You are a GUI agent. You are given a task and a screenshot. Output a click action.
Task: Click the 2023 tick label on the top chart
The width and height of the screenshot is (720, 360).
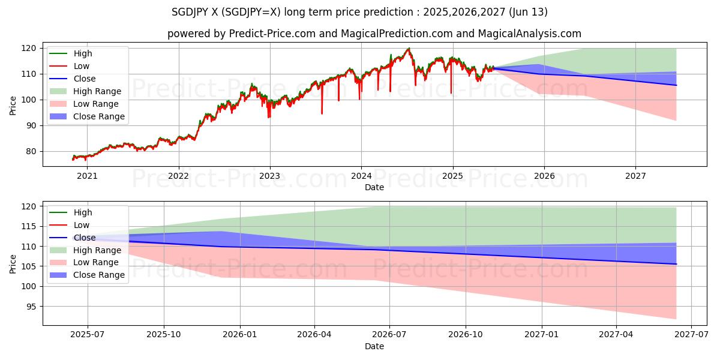click(270, 176)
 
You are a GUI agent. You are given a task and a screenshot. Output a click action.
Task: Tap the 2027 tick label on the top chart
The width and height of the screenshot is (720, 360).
click(635, 176)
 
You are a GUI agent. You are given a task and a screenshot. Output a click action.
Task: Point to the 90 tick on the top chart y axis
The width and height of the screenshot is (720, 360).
click(31, 125)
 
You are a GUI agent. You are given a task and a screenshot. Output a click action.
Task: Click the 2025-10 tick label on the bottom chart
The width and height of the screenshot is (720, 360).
click(164, 335)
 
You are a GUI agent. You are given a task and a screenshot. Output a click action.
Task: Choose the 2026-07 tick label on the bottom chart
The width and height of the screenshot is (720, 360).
click(389, 335)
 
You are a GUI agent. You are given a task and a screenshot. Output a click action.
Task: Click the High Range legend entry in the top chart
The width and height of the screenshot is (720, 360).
click(97, 91)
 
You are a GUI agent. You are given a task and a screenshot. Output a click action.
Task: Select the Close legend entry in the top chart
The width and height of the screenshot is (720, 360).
click(85, 79)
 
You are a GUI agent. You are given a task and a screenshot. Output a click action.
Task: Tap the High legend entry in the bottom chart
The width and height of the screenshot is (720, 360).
click(83, 212)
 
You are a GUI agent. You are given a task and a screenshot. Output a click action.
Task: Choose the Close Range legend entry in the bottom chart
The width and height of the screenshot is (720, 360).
click(99, 275)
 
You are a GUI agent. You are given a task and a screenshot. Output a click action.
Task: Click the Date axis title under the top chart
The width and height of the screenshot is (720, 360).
click(374, 187)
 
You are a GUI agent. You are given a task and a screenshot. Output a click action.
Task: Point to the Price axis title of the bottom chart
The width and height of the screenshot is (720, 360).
click(13, 263)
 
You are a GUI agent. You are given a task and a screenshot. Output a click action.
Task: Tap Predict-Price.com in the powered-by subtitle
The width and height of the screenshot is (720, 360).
click(272, 34)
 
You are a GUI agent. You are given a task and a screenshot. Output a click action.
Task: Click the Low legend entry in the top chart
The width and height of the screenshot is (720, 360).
click(82, 66)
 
